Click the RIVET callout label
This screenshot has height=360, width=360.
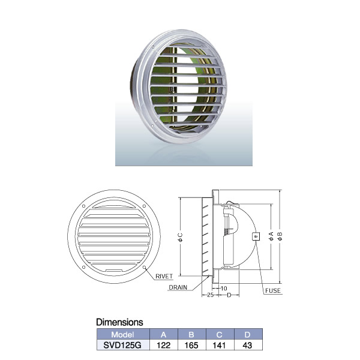(x=164, y=276)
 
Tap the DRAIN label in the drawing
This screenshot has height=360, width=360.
(x=178, y=287)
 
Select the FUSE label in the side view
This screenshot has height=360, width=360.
(x=273, y=290)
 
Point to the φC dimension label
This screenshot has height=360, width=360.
(x=181, y=238)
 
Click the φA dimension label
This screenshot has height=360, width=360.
(x=271, y=236)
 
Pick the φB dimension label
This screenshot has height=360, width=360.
(x=280, y=236)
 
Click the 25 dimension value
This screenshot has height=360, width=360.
(x=211, y=295)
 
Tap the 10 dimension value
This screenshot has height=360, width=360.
(x=224, y=288)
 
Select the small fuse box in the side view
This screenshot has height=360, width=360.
(x=256, y=236)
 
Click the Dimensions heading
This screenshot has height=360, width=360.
(x=119, y=322)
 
